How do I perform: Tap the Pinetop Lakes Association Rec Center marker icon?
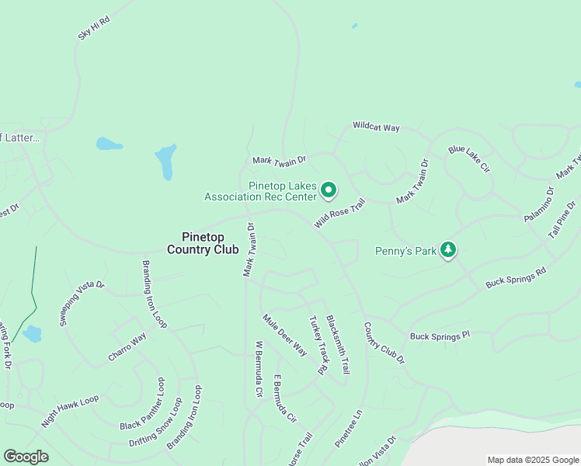329,190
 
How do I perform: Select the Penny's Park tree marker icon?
448,249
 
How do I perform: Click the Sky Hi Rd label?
95,30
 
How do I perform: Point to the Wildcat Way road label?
376,126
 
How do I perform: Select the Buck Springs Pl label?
440,336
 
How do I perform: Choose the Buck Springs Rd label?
516,277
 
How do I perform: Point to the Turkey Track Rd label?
318,345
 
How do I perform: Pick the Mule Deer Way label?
284,335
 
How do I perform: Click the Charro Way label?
127,349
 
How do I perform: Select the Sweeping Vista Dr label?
82,303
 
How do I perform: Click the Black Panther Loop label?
141,405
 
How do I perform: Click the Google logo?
26,457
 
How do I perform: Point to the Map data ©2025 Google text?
532,460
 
